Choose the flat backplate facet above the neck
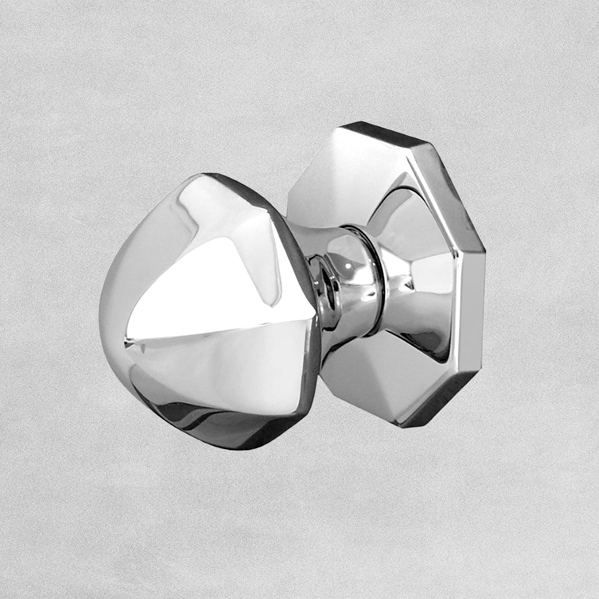click(x=341, y=170)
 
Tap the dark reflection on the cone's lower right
click(x=432, y=341)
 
